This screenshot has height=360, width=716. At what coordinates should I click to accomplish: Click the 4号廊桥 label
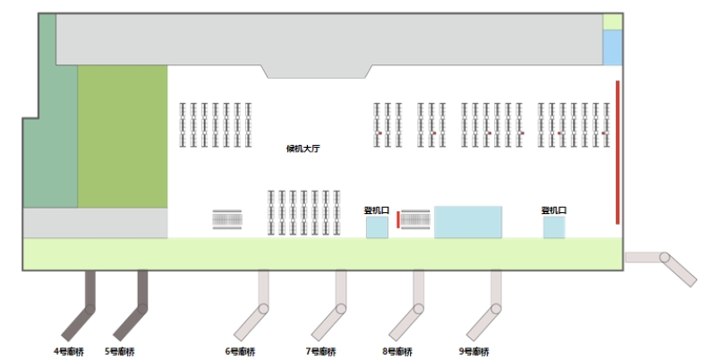click(x=69, y=351)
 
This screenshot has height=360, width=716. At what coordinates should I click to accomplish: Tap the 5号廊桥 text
click(x=120, y=351)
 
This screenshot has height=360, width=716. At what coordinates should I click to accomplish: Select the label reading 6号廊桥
click(x=240, y=351)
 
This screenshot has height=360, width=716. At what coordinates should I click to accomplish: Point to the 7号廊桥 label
click(x=320, y=351)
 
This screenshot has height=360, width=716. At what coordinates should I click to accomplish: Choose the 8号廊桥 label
click(x=397, y=351)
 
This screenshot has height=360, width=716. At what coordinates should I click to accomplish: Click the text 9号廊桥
click(x=474, y=351)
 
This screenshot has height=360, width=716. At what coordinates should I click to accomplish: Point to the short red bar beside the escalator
click(x=397, y=219)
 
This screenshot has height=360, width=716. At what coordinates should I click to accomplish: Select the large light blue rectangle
click(x=468, y=222)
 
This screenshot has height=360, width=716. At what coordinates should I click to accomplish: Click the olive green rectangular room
click(x=123, y=136)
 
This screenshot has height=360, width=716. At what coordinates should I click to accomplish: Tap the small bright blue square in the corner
click(x=612, y=47)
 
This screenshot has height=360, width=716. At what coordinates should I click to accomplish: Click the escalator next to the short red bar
click(x=415, y=219)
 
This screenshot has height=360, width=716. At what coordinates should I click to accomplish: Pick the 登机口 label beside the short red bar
click(x=377, y=210)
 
